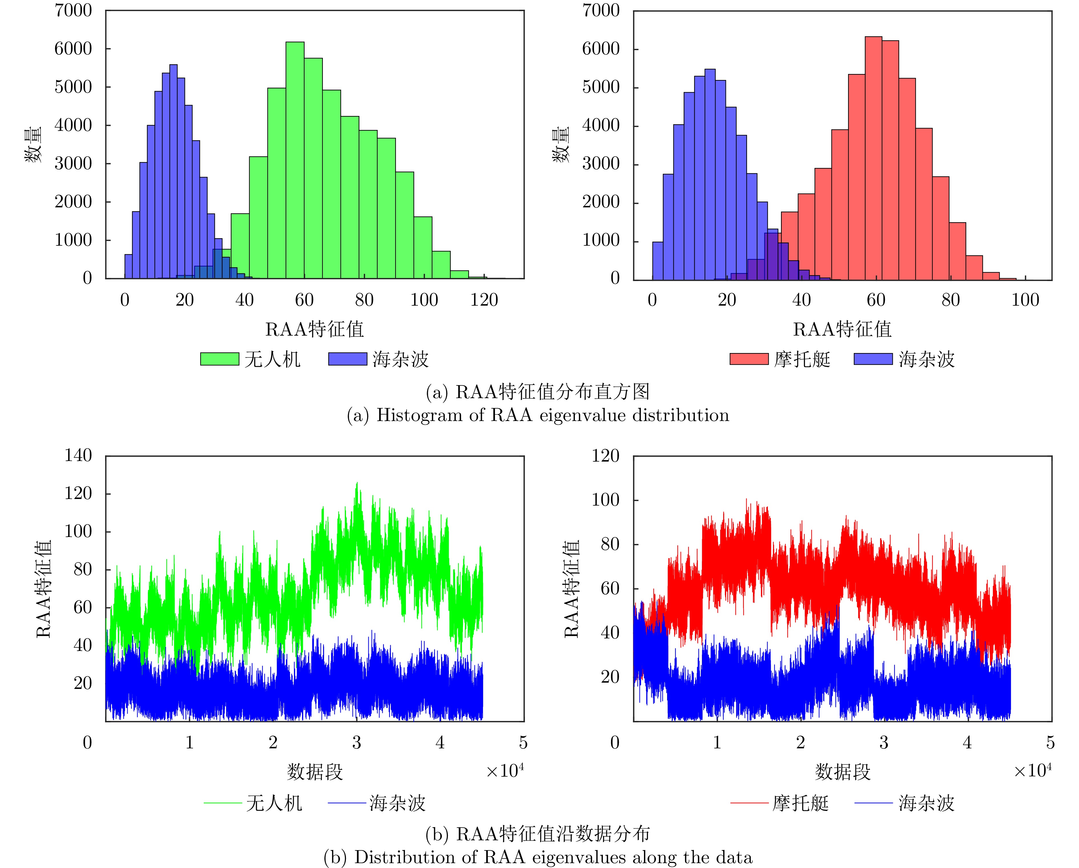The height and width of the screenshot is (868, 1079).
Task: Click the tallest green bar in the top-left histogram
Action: click(x=295, y=160)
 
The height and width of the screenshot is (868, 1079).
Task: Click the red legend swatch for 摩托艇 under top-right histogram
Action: click(x=749, y=359)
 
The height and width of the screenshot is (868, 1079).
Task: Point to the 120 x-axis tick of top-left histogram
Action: click(x=484, y=300)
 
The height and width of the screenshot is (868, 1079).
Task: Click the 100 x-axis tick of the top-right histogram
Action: click(x=1025, y=300)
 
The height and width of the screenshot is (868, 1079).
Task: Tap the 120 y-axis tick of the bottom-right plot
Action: click(x=605, y=456)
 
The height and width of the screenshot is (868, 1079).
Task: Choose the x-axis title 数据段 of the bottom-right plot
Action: click(x=843, y=772)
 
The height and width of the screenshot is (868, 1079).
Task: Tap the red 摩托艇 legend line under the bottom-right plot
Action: click(x=749, y=803)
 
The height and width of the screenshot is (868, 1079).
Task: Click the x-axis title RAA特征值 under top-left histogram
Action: click(x=314, y=329)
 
